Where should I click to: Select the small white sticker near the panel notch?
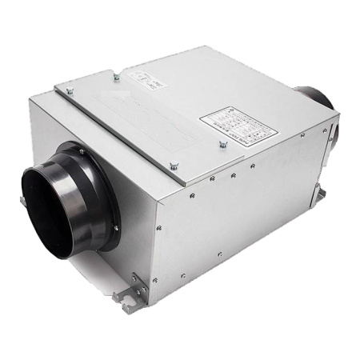pyautogui.click(x=147, y=77)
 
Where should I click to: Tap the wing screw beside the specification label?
pyautogui.click(x=221, y=147)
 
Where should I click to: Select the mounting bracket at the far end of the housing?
pyautogui.click(x=320, y=194)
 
